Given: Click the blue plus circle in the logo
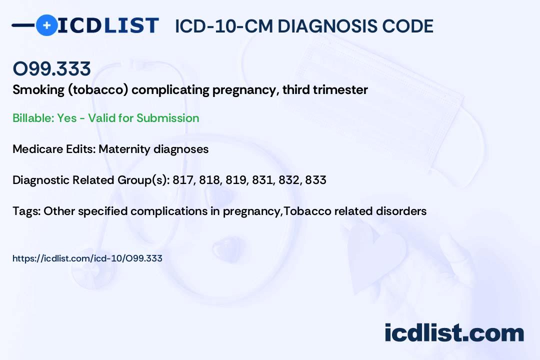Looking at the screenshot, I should coord(47,25).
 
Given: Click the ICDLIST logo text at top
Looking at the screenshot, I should coord(108,25).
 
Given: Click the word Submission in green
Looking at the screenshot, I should coord(167,118).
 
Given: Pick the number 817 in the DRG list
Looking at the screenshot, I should coord(182,180).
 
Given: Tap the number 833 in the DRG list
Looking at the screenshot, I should coord(315,180).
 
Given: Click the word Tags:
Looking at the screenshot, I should coord(26,211).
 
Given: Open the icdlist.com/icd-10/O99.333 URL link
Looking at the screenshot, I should coord(87,258).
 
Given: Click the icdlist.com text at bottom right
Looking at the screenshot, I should coord(454,333).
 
